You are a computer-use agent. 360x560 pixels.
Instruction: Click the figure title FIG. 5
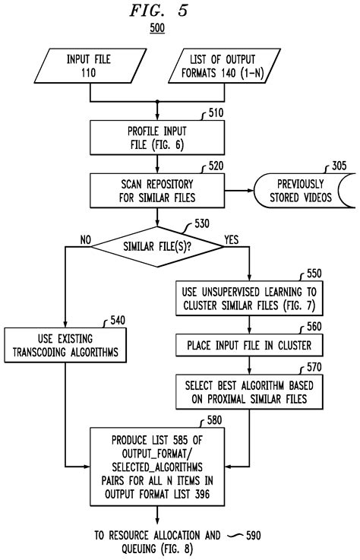(158, 11)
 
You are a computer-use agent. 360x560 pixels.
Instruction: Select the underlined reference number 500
(157, 28)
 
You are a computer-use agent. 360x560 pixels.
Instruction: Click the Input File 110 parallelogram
(90, 66)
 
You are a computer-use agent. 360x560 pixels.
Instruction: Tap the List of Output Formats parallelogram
(224, 66)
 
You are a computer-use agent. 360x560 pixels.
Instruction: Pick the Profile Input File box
(157, 138)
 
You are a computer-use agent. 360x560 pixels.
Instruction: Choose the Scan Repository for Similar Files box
(157, 191)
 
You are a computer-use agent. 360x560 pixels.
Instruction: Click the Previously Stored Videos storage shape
(305, 191)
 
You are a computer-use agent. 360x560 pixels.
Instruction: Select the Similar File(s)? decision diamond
(157, 246)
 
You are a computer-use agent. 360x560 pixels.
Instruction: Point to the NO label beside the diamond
(86, 240)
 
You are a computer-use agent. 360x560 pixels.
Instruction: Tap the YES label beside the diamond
(231, 239)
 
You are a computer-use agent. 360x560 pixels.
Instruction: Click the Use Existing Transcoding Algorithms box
(65, 346)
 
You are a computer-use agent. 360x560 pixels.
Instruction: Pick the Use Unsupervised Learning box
(249, 299)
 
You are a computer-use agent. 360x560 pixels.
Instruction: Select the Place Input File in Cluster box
(249, 346)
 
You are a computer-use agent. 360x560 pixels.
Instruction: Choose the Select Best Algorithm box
(249, 392)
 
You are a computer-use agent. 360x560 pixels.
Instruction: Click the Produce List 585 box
(157, 467)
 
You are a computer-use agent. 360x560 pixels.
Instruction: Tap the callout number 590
(254, 536)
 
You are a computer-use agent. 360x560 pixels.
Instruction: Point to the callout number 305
(339, 166)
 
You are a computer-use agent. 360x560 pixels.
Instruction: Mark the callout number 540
(118, 320)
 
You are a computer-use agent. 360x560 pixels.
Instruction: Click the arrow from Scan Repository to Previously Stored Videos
(239, 191)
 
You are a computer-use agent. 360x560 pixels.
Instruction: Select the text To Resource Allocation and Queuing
(157, 542)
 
